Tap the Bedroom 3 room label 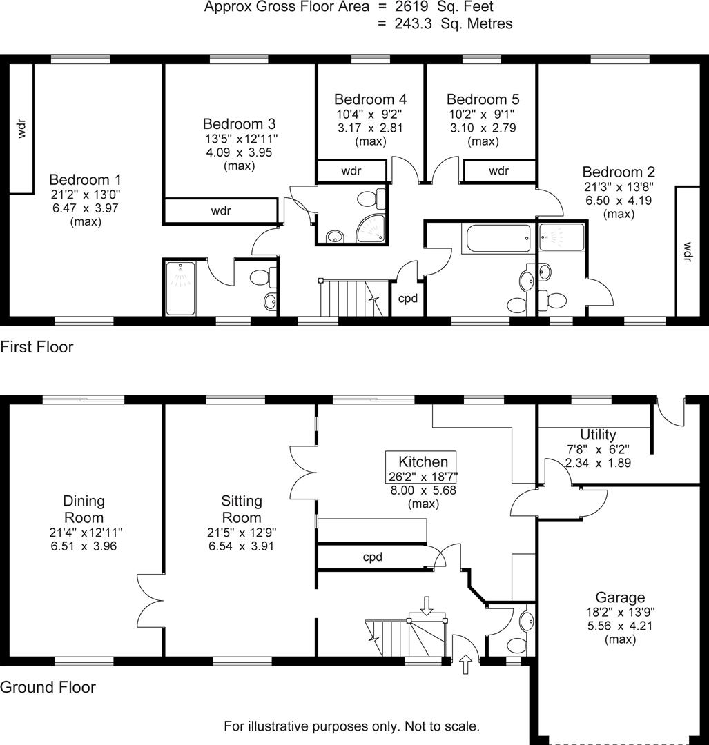pyautogui.click(x=239, y=124)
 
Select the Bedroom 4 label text pyautogui.click(x=370, y=99)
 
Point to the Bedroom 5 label pyautogui.click(x=483, y=99)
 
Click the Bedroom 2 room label pyautogui.click(x=619, y=172)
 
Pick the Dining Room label pyautogui.click(x=84, y=509)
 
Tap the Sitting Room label pyautogui.click(x=242, y=509)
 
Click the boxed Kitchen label pyautogui.click(x=423, y=462)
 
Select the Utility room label pyautogui.click(x=598, y=435)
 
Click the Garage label pyautogui.click(x=621, y=597)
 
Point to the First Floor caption pyautogui.click(x=37, y=347)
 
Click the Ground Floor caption pyautogui.click(x=48, y=687)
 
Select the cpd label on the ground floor pyautogui.click(x=373, y=557)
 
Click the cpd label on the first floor pyautogui.click(x=408, y=299)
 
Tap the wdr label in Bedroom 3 pyautogui.click(x=221, y=211)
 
